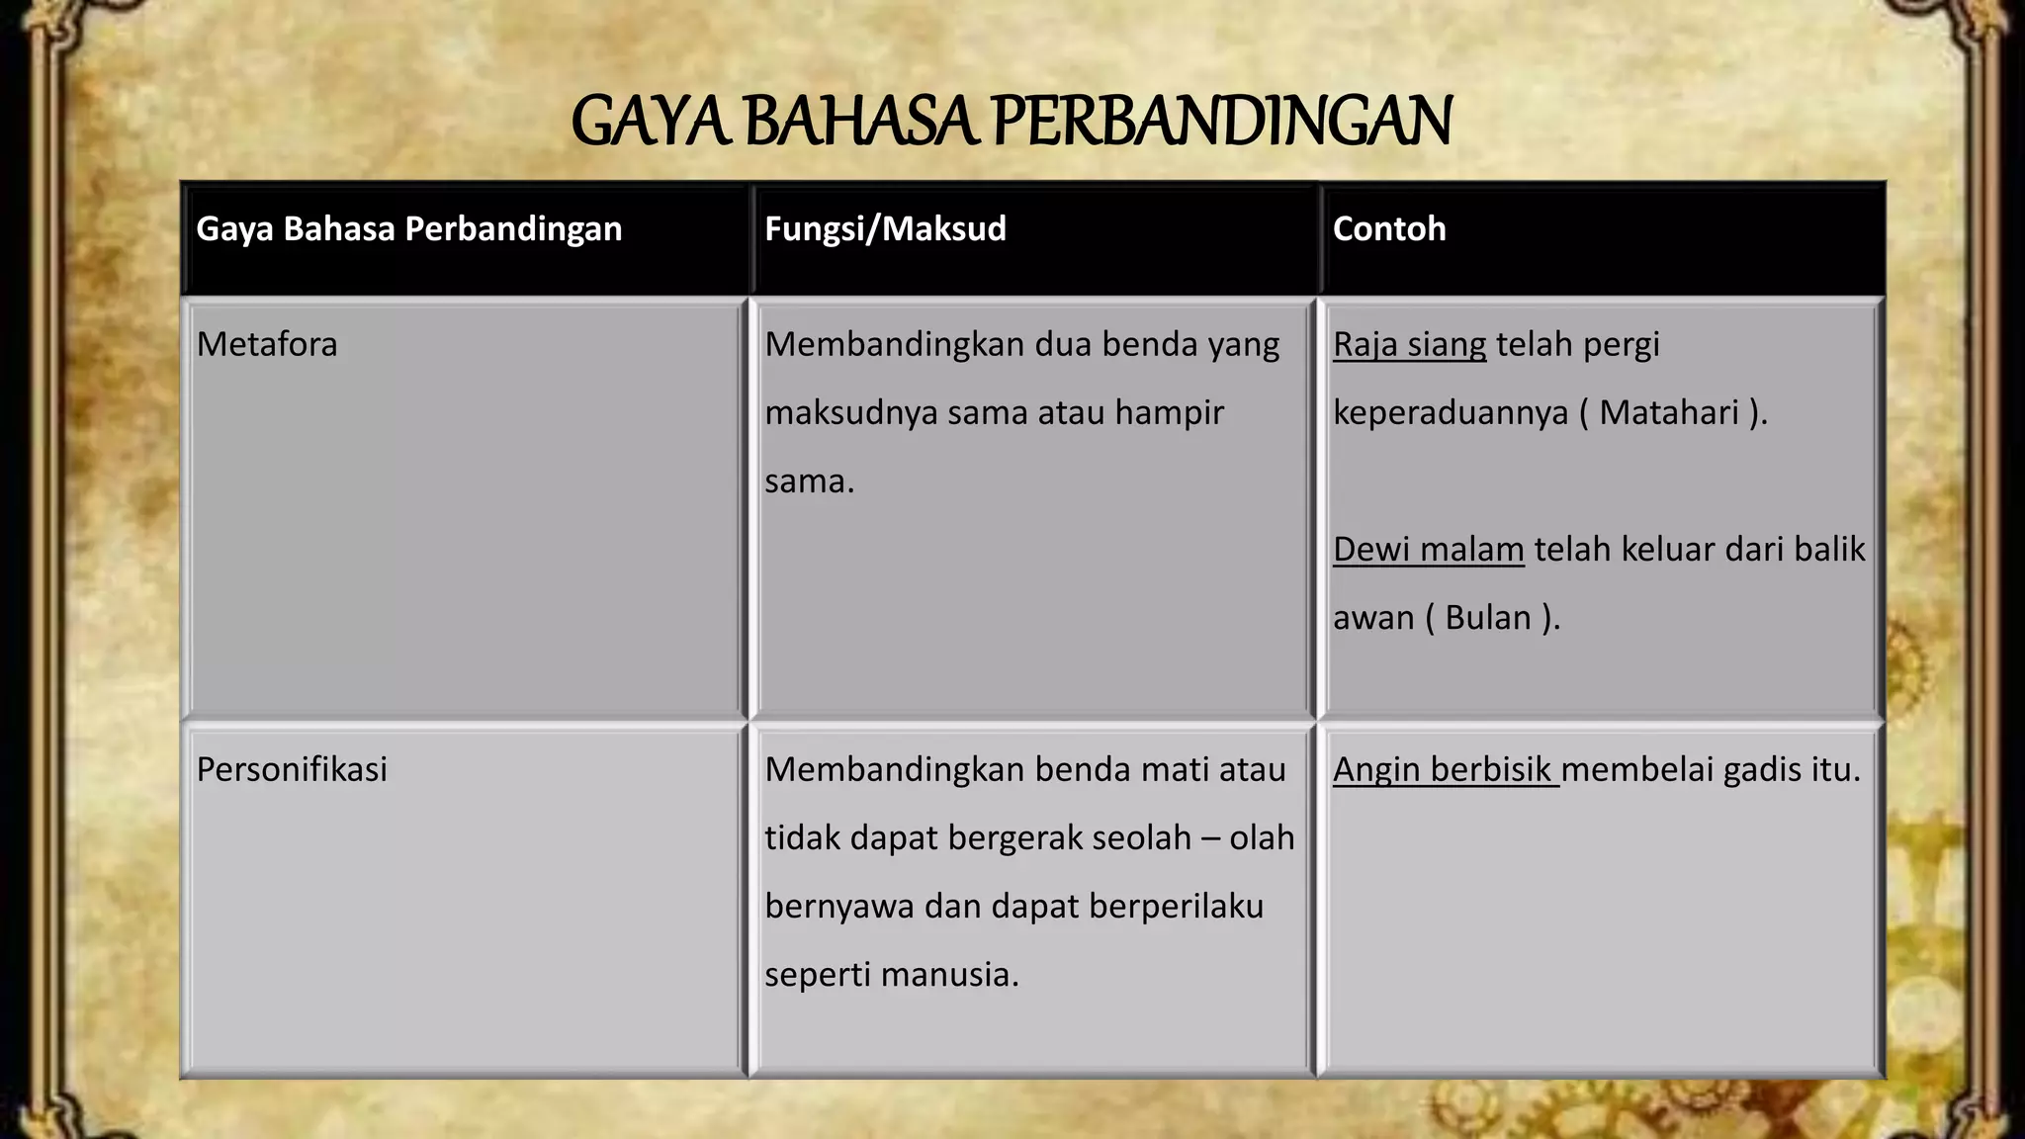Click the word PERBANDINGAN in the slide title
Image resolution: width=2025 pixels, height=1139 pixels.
tap(1221, 122)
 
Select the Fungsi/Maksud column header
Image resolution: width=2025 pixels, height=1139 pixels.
tap(885, 229)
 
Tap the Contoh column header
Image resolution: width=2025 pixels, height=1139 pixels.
tap(1388, 229)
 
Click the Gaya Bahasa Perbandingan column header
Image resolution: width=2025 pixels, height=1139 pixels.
tap(408, 229)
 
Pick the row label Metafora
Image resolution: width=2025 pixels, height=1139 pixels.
tap(267, 345)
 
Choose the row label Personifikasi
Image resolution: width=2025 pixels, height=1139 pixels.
tap(292, 770)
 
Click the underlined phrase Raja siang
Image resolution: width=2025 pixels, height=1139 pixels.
tap(1409, 345)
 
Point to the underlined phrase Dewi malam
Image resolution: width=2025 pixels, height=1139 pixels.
tap(1428, 550)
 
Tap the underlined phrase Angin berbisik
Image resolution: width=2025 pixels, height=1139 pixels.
tap(1444, 770)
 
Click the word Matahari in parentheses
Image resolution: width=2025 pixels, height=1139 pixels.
tap(1669, 413)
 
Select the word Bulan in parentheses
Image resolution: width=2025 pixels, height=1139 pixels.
tap(1488, 618)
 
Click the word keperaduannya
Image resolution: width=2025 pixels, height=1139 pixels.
tap(1451, 413)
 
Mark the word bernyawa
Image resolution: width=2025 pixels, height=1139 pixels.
tap(839, 907)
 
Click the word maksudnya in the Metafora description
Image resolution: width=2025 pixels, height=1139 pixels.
tap(850, 413)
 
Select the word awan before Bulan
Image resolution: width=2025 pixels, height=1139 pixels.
tap(1373, 619)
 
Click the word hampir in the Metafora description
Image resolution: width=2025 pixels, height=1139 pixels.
tap(1169, 413)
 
